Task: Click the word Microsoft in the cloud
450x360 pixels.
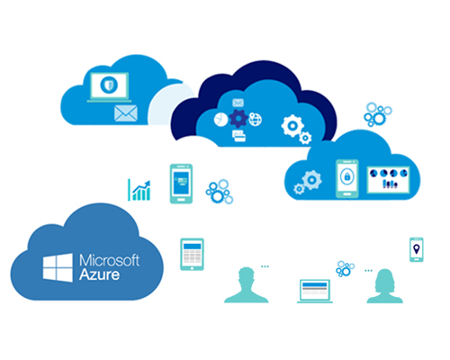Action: (x=109, y=260)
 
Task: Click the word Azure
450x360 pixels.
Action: (x=99, y=274)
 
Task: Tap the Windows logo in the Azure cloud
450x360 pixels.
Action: (x=58, y=267)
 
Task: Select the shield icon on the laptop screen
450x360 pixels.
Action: (x=109, y=85)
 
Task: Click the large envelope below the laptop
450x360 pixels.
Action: (x=126, y=113)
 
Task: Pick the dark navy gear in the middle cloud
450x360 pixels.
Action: (x=238, y=119)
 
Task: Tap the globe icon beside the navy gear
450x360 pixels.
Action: (x=256, y=120)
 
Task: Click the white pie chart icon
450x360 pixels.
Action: (x=220, y=120)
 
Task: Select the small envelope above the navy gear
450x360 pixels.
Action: (x=238, y=103)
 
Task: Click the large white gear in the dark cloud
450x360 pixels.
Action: (x=292, y=126)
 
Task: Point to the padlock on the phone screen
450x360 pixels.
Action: (x=347, y=176)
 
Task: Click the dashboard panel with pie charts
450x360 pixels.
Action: (x=388, y=180)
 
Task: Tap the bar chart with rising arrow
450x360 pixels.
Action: (x=139, y=190)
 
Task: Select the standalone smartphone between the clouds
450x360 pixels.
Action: (x=181, y=184)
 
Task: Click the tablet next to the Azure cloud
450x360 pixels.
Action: (x=192, y=254)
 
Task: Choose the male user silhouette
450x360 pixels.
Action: (x=246, y=285)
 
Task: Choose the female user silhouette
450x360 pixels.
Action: (x=385, y=286)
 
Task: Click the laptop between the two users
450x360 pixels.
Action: (x=315, y=291)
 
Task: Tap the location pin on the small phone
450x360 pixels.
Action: (x=417, y=248)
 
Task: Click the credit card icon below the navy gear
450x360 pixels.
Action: (x=238, y=136)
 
